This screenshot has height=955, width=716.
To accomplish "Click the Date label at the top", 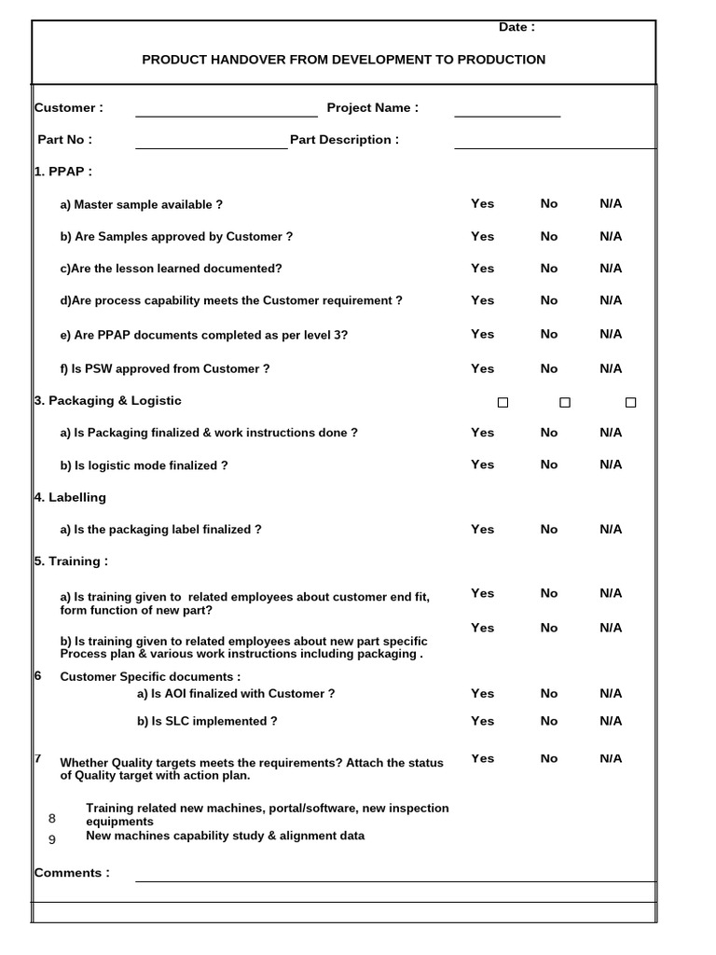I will point(516,27).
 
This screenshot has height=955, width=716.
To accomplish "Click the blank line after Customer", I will point(227,109).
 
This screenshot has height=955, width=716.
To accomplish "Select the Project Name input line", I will point(507,109).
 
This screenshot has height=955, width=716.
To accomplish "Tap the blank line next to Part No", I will point(212,141).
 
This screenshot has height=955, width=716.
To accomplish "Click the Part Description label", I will point(344,140).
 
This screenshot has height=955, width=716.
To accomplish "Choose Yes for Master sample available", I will point(482,203).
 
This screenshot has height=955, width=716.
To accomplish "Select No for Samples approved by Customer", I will point(548,236).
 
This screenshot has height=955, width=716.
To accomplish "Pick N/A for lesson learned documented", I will point(611,268).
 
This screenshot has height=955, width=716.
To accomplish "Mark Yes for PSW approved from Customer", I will point(482,368).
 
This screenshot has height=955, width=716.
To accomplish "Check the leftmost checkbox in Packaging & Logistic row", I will point(503,403).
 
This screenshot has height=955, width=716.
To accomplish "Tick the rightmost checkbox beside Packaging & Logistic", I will point(630,403).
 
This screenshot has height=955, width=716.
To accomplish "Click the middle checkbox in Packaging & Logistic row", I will point(565,403).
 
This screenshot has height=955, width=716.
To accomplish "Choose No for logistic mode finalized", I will point(548,464).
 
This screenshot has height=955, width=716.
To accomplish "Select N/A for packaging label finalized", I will point(611,529).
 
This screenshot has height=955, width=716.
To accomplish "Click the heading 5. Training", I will point(71,561).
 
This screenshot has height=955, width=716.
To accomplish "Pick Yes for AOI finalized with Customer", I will point(482,693).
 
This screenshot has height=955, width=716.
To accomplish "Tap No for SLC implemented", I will point(548,721).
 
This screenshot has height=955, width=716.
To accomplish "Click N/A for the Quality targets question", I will point(611,758).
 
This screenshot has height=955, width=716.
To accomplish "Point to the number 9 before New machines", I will point(52,839).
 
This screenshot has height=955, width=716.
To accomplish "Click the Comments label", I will point(72,873).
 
